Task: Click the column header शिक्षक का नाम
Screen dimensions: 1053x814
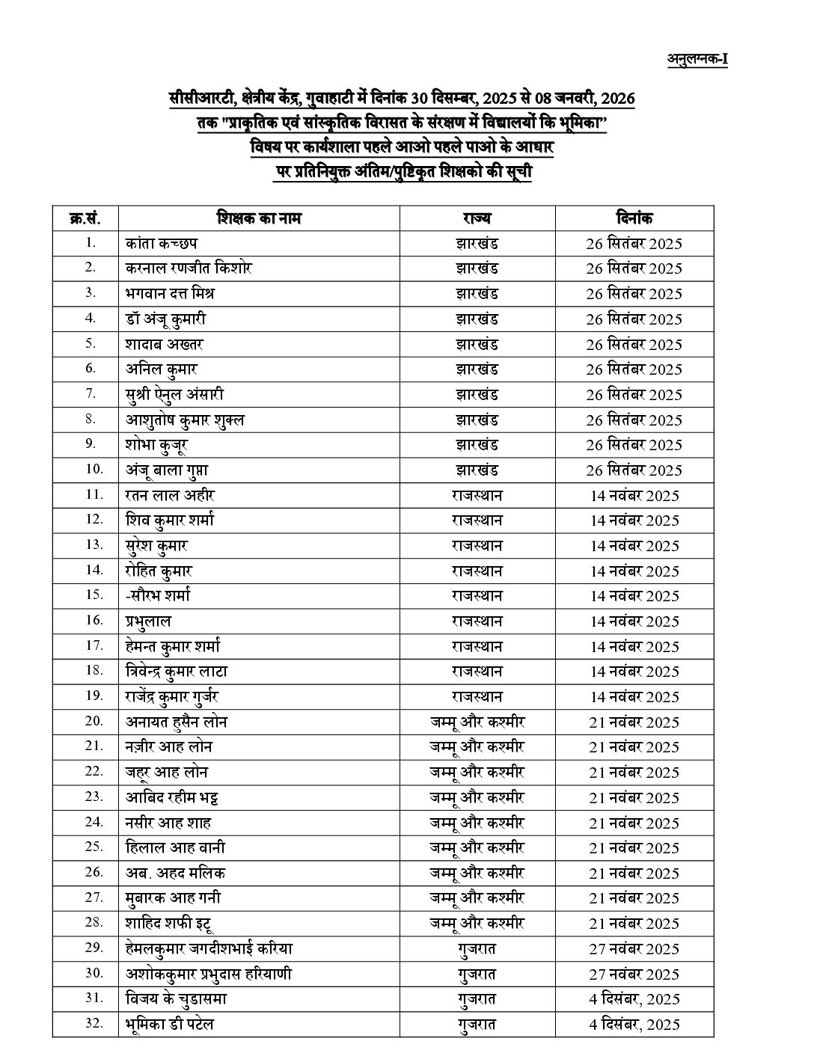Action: click(x=260, y=218)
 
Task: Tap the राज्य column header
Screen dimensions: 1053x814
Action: click(x=477, y=218)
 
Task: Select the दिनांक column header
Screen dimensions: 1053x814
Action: click(x=634, y=218)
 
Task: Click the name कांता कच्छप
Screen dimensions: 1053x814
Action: click(x=162, y=243)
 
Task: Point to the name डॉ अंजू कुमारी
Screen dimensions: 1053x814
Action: click(x=166, y=319)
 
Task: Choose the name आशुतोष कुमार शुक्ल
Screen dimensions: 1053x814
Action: click(x=185, y=420)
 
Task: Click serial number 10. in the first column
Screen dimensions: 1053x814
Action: click(x=93, y=470)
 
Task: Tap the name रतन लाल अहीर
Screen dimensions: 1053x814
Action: click(x=171, y=495)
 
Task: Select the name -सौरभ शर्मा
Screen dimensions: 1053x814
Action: click(x=159, y=595)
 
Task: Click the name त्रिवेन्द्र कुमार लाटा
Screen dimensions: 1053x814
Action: click(x=177, y=671)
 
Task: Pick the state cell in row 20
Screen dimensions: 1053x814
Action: click(x=477, y=722)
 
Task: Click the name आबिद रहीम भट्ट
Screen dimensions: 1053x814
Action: click(x=172, y=797)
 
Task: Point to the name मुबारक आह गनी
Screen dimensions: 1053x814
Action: click(x=174, y=897)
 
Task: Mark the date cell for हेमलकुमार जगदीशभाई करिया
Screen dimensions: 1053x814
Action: click(x=634, y=948)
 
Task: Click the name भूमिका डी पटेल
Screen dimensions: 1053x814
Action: click(x=170, y=1024)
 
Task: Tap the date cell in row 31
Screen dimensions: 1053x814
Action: click(x=634, y=998)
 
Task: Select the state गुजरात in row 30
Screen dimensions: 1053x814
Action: click(x=477, y=974)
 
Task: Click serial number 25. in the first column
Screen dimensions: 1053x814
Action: click(x=93, y=847)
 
